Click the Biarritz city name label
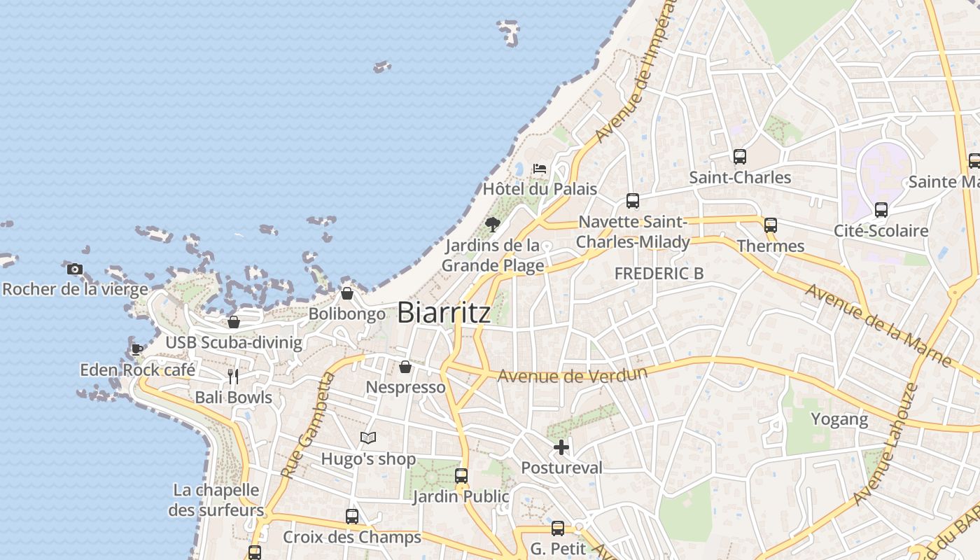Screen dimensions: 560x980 tap(444, 313)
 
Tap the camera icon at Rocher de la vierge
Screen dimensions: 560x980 tap(75, 269)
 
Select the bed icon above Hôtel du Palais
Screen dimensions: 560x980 tap(540, 168)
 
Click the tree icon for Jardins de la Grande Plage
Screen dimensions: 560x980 tap(493, 224)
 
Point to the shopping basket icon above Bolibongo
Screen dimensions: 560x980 tap(347, 293)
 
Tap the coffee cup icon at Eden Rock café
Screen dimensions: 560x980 tap(136, 349)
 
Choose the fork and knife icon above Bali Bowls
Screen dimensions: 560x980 tap(233, 377)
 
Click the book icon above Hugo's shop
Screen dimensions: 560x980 tap(368, 438)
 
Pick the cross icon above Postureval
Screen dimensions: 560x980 tap(561, 447)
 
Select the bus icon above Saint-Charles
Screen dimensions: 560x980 tap(740, 157)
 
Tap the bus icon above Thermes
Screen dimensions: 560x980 tap(771, 225)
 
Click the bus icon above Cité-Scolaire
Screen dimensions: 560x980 tap(881, 209)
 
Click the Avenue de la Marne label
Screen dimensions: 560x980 tap(878, 325)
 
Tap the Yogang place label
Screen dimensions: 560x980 tap(839, 419)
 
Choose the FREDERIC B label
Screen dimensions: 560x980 tap(659, 274)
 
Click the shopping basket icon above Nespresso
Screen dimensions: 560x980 tap(405, 367)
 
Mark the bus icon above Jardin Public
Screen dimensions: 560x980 tap(461, 476)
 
